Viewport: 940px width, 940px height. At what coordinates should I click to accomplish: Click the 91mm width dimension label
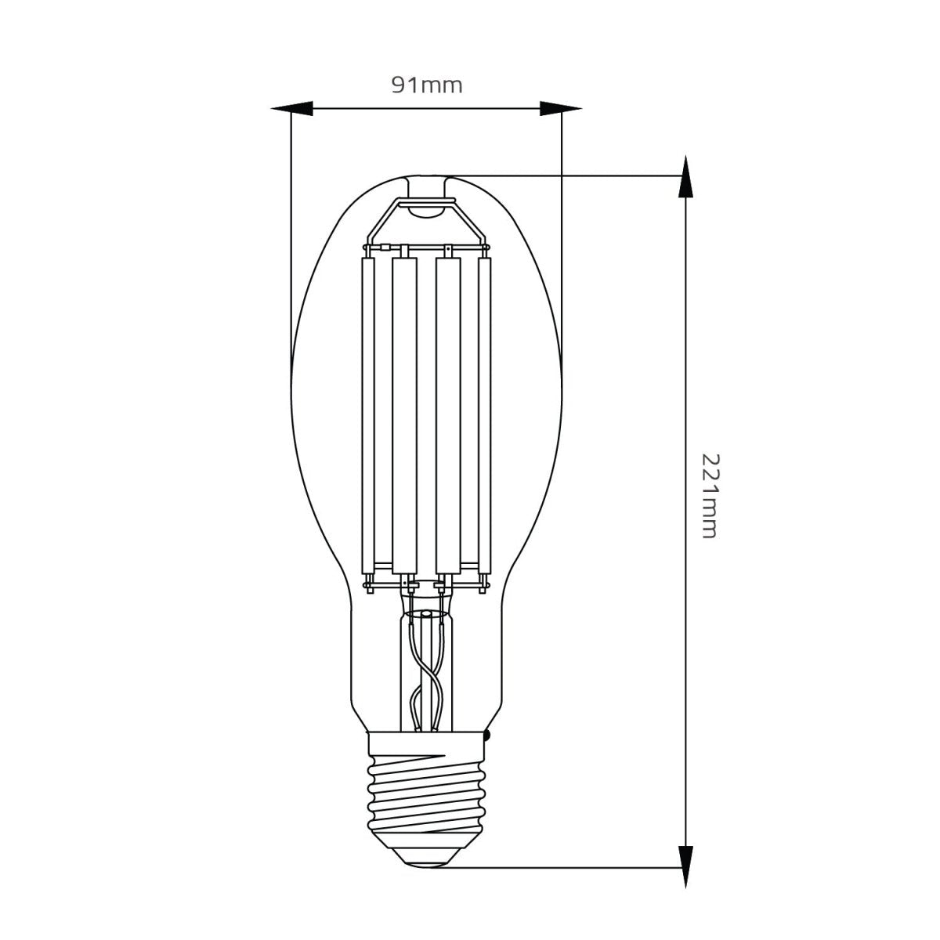pos(427,85)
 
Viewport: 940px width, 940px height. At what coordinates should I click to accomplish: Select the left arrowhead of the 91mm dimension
pos(293,109)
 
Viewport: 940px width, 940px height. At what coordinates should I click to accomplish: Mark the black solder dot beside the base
pos(488,736)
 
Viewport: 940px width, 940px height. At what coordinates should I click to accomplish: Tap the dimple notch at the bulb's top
pos(427,188)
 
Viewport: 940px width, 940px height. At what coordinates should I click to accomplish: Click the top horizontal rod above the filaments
pos(427,248)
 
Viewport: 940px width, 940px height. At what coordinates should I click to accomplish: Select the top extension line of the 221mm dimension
pos(564,176)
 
